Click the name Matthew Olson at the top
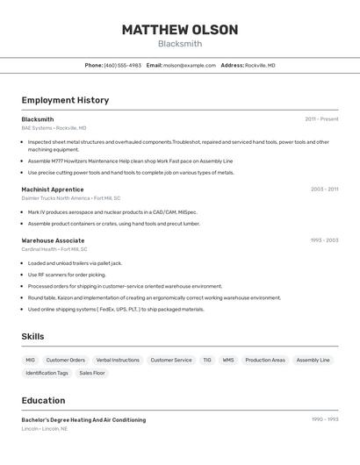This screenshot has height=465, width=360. (180, 30)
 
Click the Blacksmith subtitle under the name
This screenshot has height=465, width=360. (180, 44)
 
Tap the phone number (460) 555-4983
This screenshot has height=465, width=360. (122, 65)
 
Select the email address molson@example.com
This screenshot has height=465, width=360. (189, 65)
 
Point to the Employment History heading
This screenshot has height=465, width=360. (65, 100)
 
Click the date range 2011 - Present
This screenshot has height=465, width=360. (321, 119)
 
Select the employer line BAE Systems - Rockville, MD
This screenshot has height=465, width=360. (54, 128)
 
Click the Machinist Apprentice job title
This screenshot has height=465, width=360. (53, 190)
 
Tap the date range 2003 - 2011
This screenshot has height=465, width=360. (324, 190)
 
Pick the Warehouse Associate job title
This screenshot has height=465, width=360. (53, 240)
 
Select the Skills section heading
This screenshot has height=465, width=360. (32, 336)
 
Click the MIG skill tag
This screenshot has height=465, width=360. (31, 360)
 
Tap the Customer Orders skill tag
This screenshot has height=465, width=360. (66, 360)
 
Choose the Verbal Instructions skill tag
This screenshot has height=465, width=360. (118, 360)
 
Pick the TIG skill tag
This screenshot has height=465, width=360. (207, 360)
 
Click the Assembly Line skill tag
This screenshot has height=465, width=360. (313, 360)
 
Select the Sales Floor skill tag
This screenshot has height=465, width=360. (92, 373)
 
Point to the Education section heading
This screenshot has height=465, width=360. (43, 400)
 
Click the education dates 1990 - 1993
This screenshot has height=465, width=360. (324, 420)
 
